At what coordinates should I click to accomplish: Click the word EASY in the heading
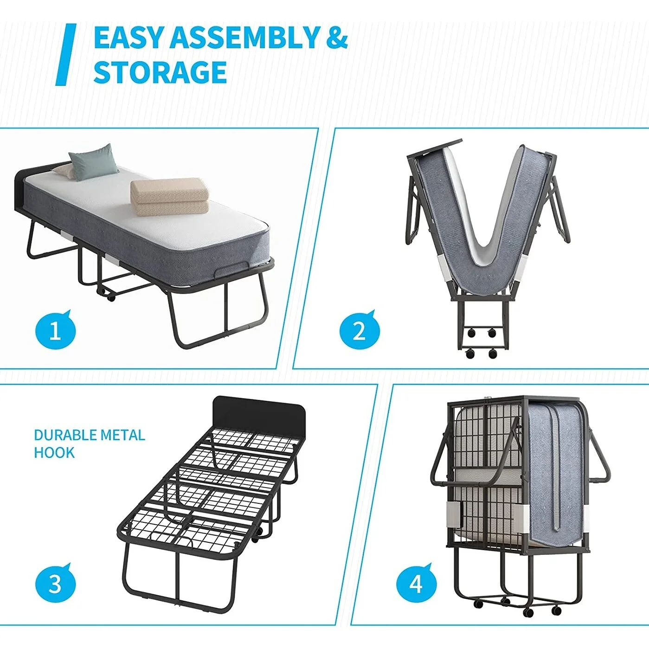129,38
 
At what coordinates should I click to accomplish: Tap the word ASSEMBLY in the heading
245,38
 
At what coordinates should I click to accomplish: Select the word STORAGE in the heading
160,72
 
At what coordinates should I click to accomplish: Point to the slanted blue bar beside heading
66,55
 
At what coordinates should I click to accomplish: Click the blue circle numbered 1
55,331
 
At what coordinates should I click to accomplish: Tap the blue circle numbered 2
359,331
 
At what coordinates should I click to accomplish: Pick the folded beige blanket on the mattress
169,197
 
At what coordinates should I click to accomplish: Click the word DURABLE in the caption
66,435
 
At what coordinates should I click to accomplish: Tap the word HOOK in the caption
54,453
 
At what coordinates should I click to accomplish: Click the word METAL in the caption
122,435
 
